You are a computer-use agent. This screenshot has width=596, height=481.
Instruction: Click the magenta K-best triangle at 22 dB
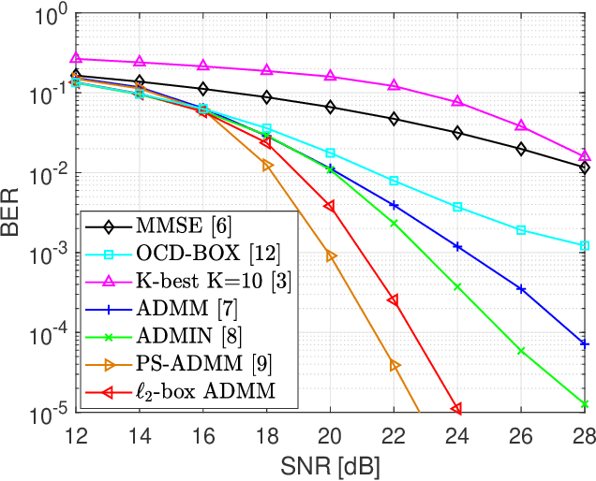(394, 85)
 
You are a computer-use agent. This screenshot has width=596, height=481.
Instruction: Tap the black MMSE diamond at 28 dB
(585, 168)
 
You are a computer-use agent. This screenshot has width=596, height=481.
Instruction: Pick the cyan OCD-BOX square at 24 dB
(457, 207)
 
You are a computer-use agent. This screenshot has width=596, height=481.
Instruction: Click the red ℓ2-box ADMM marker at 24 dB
(456, 409)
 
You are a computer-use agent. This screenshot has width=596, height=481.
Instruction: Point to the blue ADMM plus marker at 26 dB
(521, 289)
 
